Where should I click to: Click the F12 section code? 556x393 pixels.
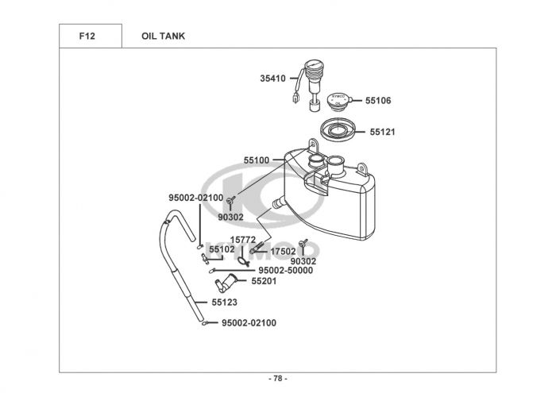(87, 37)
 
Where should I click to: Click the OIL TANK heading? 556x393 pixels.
(163, 37)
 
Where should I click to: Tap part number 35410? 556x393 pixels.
(272, 79)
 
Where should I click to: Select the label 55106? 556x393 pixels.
(378, 101)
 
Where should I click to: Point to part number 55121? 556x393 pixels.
(382, 132)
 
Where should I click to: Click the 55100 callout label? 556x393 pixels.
(257, 160)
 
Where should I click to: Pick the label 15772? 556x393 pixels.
(243, 241)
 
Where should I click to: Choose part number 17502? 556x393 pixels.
(283, 252)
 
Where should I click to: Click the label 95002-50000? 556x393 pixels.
(286, 271)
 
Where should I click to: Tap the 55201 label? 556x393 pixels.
(264, 281)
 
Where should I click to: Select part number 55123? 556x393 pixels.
(225, 302)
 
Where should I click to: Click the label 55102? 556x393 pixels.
(222, 249)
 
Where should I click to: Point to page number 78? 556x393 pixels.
(278, 379)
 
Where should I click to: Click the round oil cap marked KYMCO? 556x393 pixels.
(338, 100)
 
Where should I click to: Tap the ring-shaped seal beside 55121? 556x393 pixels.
(338, 130)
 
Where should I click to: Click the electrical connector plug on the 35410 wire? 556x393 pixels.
(295, 98)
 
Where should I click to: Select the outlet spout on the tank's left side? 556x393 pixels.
(278, 202)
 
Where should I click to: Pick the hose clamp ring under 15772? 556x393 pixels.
(243, 261)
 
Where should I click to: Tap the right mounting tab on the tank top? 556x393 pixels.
(361, 168)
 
